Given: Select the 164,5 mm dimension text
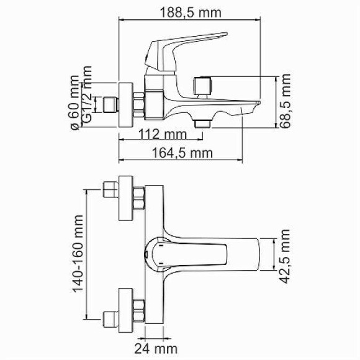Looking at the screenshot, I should pyautogui.click(x=183, y=152).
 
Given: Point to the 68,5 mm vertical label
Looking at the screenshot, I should pyautogui.click(x=285, y=101).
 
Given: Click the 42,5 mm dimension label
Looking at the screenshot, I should pyautogui.click(x=285, y=256).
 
